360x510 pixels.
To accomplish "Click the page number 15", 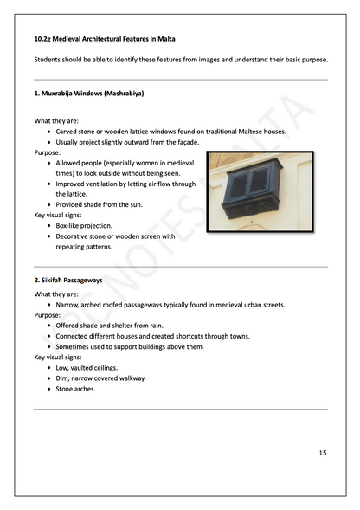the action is tap(322, 453).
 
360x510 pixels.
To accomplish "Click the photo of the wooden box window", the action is tap(259, 195).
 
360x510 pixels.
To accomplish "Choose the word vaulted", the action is tap(88, 367).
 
